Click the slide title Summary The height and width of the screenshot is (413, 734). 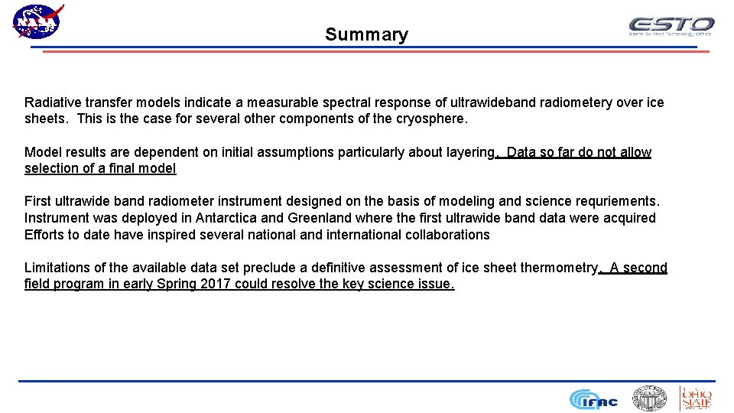[366, 34]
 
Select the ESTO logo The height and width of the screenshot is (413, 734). [671, 26]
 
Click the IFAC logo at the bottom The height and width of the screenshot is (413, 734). [593, 399]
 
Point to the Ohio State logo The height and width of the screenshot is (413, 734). [696, 398]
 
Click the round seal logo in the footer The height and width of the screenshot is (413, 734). [648, 398]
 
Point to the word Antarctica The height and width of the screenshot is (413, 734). [229, 218]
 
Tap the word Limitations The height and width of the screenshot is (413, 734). [56, 268]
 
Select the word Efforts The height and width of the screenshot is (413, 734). [44, 235]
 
